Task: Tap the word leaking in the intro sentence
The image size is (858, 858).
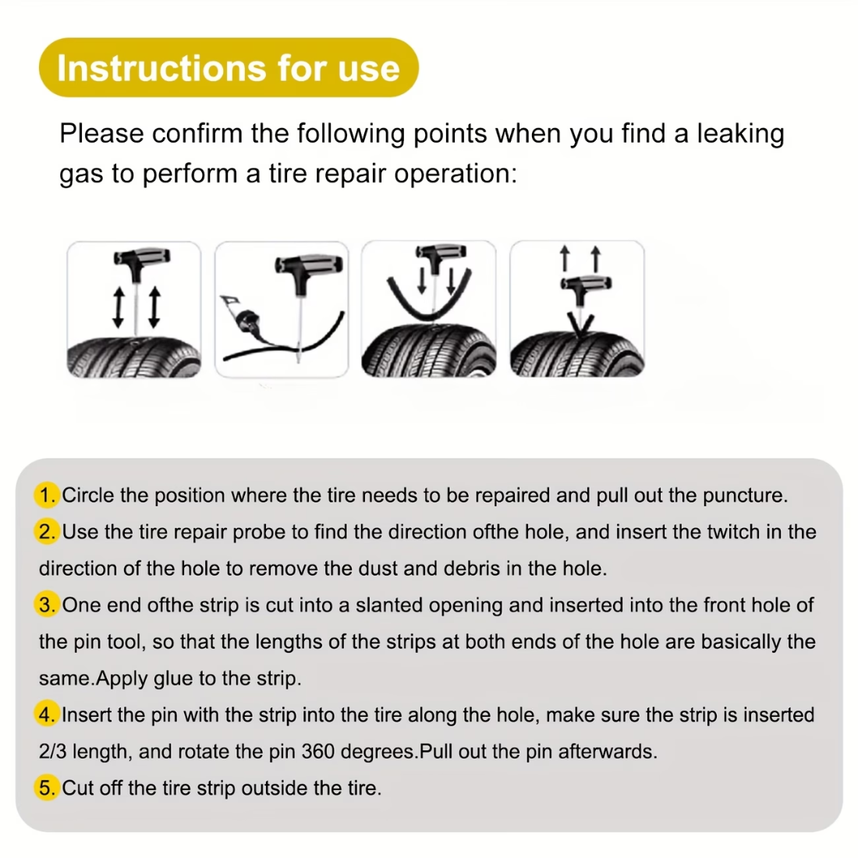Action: tap(740, 133)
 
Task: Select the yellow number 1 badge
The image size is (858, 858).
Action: tap(48, 495)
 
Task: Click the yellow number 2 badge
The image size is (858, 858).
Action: tap(48, 532)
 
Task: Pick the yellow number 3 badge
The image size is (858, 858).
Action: tap(48, 605)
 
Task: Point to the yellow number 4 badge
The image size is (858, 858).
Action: tap(48, 715)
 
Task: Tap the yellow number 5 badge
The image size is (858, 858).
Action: tap(48, 788)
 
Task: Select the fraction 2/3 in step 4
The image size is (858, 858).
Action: tap(52, 752)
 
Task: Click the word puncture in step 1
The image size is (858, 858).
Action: tap(743, 495)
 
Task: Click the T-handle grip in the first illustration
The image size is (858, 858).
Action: tap(141, 257)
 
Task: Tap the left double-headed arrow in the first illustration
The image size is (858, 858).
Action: tap(119, 307)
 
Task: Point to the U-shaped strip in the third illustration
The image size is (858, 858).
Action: tap(429, 300)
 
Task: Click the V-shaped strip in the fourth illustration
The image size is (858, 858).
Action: tap(580, 322)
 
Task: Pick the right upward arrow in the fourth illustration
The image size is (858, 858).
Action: tap(596, 258)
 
